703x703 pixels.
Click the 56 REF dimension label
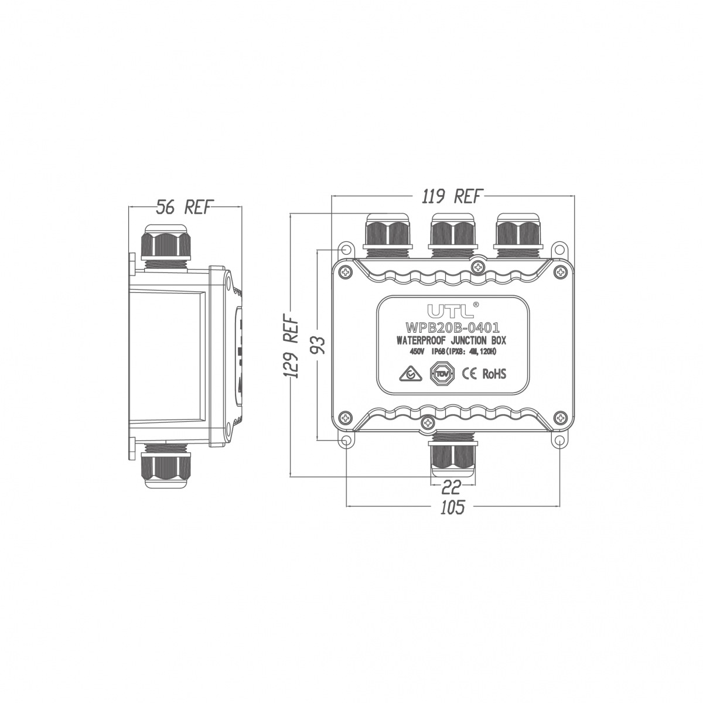coord(184,207)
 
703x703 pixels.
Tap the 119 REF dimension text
coord(452,196)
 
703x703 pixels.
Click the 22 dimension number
coord(452,486)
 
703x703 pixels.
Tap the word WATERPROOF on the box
coord(421,341)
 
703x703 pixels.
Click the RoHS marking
coord(494,374)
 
